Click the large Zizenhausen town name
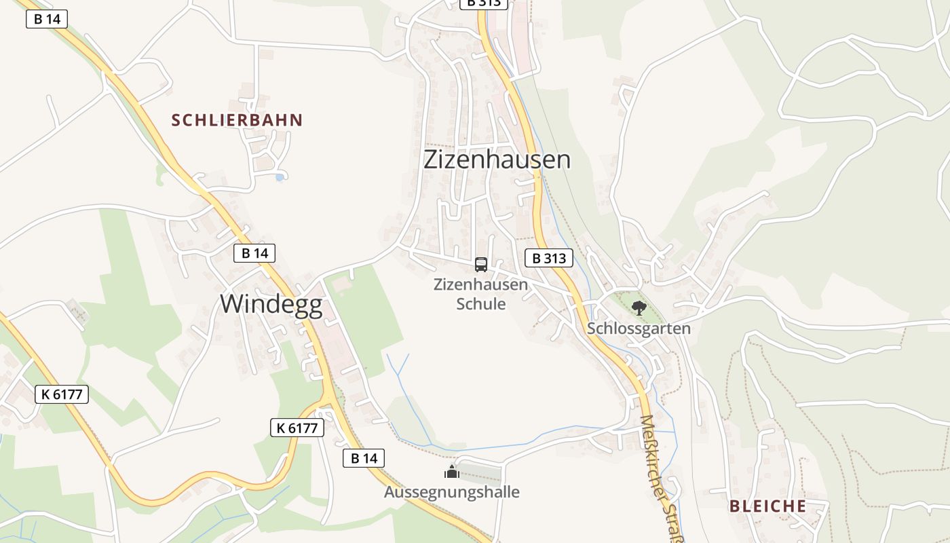[497, 160]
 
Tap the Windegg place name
[271, 304]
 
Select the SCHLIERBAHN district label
[237, 121]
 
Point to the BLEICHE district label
[767, 506]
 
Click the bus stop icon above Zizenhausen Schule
[481, 265]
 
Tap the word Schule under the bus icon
[481, 303]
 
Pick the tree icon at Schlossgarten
[639, 308]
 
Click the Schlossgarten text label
[639, 329]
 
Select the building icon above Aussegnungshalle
[452, 472]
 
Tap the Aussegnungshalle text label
[452, 492]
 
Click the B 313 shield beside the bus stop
[549, 258]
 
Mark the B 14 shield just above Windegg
[255, 253]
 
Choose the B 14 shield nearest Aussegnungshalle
[364, 458]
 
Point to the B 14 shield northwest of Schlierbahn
[47, 19]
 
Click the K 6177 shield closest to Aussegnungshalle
[297, 428]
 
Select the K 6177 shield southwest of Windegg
[62, 394]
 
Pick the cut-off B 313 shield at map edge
[484, 3]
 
